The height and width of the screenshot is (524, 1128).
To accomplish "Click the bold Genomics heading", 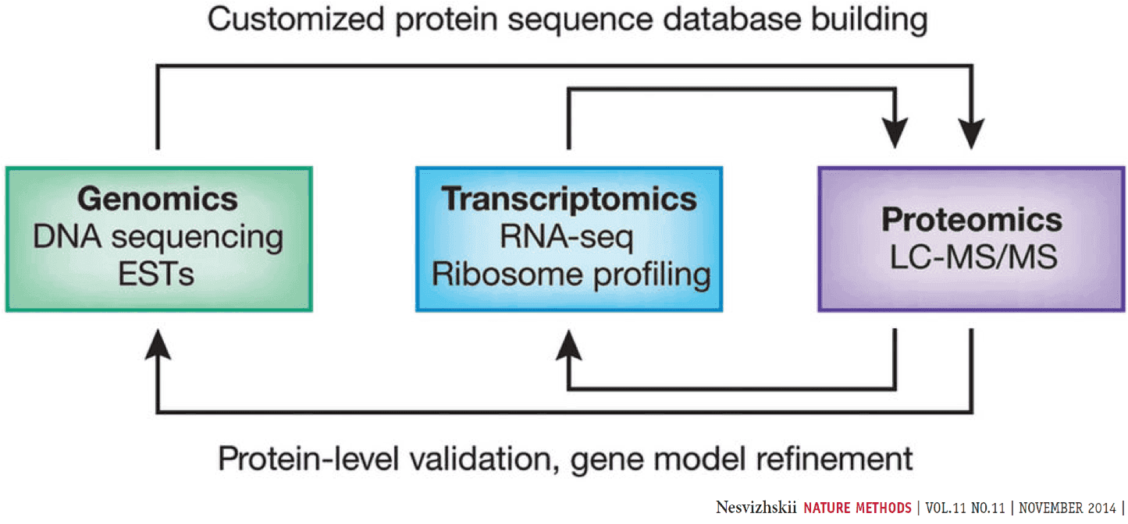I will [158, 200].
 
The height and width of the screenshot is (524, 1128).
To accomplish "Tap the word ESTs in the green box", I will [158, 275].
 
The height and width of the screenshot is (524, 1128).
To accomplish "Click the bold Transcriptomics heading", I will [569, 200].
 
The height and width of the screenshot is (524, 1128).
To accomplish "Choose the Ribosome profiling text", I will [569, 275].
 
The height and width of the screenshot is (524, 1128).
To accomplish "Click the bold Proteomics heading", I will [972, 220].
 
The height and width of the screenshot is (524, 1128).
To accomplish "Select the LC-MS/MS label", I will [972, 258].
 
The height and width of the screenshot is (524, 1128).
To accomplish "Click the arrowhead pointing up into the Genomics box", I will [158, 343].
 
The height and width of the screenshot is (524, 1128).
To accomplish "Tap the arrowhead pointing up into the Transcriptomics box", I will [568, 343].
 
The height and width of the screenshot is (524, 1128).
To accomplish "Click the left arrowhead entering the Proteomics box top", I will [894, 134].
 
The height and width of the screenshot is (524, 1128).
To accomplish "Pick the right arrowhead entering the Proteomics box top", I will [972, 134].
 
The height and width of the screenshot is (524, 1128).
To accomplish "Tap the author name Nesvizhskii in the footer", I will [755, 508].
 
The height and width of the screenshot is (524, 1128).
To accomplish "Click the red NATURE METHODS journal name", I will [857, 508].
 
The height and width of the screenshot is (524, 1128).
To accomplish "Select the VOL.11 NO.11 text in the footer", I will [965, 508].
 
